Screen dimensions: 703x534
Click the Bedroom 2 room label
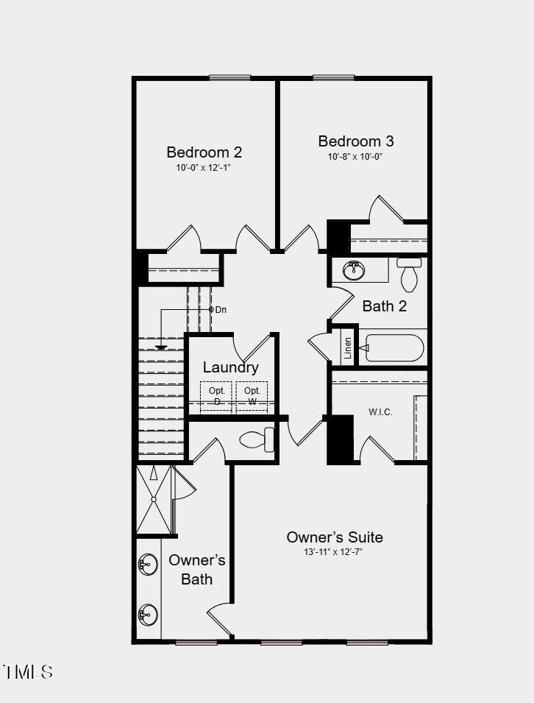(x=204, y=152)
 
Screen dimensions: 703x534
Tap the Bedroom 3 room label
(x=355, y=141)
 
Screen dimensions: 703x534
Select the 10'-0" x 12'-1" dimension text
(x=204, y=168)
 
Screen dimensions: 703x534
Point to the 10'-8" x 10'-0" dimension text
(x=355, y=157)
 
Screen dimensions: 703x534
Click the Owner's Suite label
(x=335, y=537)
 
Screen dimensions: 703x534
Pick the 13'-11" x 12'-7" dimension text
(x=335, y=552)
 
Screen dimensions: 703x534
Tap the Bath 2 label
(x=384, y=305)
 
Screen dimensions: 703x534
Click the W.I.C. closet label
(x=380, y=412)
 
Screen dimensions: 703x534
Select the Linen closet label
(x=348, y=348)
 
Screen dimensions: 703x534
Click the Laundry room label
(x=230, y=367)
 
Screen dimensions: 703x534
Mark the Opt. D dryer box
(x=216, y=396)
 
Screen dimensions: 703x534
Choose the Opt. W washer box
(x=252, y=396)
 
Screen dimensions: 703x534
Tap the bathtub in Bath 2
(x=394, y=347)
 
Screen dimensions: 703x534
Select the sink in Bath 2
(x=355, y=270)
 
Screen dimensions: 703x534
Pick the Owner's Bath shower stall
(x=154, y=500)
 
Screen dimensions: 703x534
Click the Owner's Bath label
(x=196, y=569)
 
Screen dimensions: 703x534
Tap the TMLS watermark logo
(x=28, y=671)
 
